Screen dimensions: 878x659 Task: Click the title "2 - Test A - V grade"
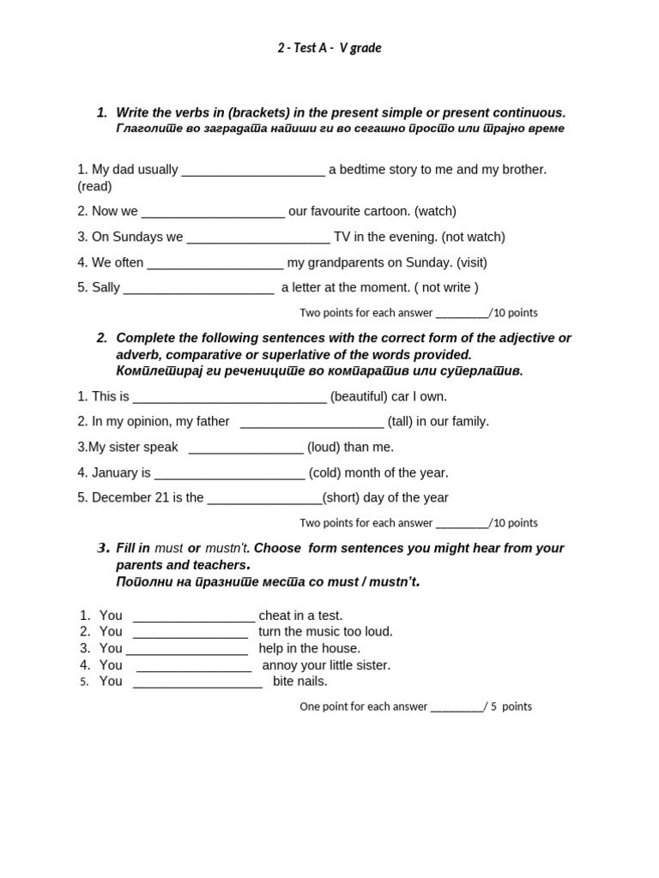tap(329, 48)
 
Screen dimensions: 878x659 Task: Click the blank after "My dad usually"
tap(253, 170)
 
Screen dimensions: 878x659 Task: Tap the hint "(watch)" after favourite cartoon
tap(435, 211)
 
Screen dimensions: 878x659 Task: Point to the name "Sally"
tap(106, 287)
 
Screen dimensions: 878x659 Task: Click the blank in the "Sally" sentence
tap(198, 289)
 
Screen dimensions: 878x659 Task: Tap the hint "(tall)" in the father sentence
tap(402, 421)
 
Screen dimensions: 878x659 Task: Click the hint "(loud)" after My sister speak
tap(323, 447)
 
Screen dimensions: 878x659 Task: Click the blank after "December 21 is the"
tap(264, 499)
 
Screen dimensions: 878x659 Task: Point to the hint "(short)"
tap(341, 497)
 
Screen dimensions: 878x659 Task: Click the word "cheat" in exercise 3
tap(276, 615)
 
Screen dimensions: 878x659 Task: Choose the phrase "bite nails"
tap(299, 681)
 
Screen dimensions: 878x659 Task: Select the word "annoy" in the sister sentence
tap(280, 665)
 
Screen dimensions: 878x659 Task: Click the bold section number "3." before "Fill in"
tap(103, 548)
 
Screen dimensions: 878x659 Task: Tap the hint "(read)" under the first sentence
tap(94, 186)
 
